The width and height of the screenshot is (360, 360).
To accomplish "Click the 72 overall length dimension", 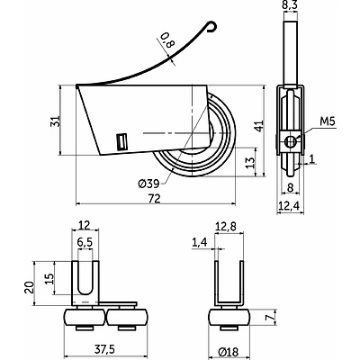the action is tap(155, 198).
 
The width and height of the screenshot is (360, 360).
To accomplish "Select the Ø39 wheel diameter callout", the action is tap(148, 184).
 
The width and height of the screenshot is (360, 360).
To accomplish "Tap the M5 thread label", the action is tap(328, 121).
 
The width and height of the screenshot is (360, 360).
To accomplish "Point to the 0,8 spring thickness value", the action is tap(167, 40).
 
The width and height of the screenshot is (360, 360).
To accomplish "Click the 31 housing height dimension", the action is tap(56, 121).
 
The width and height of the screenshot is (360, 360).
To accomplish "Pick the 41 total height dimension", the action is tap(259, 125).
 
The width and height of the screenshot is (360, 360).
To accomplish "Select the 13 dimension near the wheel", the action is tap(250, 162).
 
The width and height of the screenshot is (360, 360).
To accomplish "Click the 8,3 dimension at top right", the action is tap(291, 5).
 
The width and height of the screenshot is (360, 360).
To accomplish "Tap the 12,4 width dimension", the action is tap(289, 205).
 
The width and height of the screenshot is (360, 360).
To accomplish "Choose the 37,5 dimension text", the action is tap(104, 348).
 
